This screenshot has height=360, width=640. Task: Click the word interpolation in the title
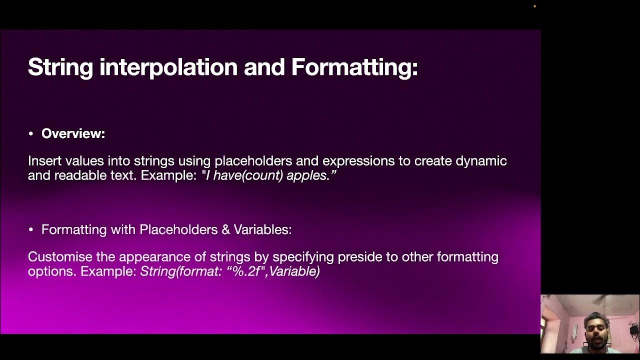pos(168,67)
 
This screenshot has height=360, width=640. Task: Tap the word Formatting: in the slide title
pos(354,67)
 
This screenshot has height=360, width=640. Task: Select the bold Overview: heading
pos(73,133)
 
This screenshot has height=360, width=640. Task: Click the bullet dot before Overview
pos(31,134)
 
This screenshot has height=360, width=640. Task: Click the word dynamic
pos(481,161)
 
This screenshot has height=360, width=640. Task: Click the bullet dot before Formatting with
pos(31,230)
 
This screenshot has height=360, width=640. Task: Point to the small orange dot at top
pos(534,6)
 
